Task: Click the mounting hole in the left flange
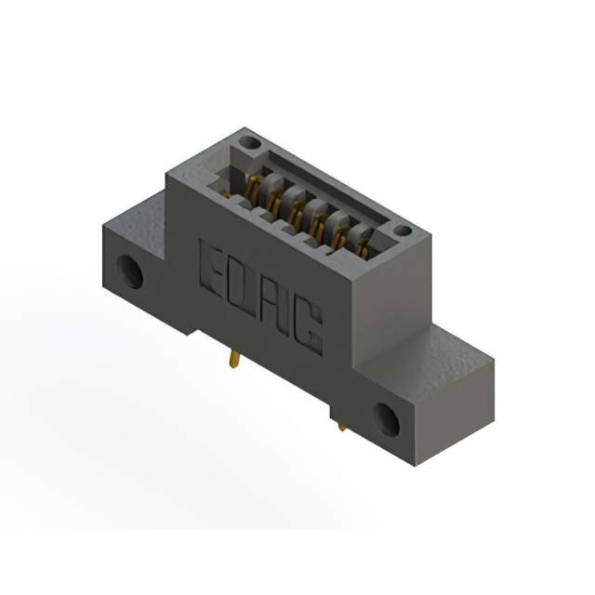[x=129, y=271]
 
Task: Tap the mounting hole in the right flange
[x=387, y=420]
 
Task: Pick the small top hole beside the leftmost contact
[x=248, y=144]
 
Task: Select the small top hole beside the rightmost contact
[x=402, y=231]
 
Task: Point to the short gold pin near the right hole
[x=341, y=427]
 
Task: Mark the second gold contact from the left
[x=273, y=198]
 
